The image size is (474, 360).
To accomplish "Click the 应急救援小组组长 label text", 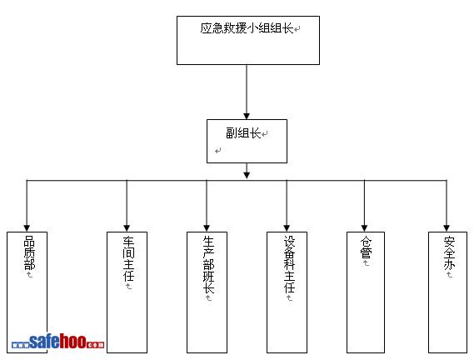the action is [x=247, y=28].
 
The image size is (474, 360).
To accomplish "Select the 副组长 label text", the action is [x=243, y=132].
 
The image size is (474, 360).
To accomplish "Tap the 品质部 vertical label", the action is [x=29, y=252].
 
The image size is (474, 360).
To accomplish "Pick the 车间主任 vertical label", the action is [x=128, y=259].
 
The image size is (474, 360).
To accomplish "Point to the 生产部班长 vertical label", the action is [x=208, y=265].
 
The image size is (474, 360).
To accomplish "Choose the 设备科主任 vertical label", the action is [x=289, y=265].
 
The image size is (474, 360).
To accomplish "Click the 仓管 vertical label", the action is [x=366, y=247].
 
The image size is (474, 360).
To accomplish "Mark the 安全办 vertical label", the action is [x=449, y=252].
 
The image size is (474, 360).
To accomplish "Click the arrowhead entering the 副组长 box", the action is [x=247, y=116].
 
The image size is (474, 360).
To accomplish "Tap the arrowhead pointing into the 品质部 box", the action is [x=27, y=228].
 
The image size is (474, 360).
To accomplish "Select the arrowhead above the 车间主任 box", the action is [x=127, y=228].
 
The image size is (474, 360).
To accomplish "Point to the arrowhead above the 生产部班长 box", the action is [x=207, y=228].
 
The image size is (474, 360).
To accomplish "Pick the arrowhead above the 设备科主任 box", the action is [x=287, y=228].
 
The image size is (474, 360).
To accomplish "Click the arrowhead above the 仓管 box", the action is [x=365, y=228].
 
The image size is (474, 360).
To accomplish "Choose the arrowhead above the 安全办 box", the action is [x=447, y=228].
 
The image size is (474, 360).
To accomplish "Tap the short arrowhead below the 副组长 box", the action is [x=247, y=175].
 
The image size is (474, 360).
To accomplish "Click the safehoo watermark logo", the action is [x=57, y=342].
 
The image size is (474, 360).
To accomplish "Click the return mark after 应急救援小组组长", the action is [x=297, y=29].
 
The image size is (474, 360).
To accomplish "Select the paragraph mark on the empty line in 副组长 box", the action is [x=218, y=150].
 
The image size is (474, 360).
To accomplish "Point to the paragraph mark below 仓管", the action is [x=366, y=262].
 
